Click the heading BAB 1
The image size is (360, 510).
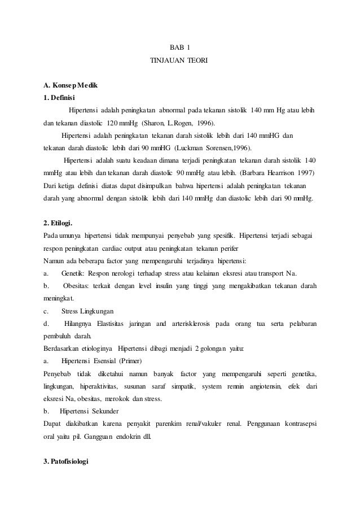(x=179, y=46)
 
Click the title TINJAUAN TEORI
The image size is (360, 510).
(x=179, y=59)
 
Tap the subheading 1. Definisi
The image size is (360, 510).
(x=60, y=97)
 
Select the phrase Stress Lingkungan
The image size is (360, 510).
(x=87, y=311)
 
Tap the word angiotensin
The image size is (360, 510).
(x=265, y=386)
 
